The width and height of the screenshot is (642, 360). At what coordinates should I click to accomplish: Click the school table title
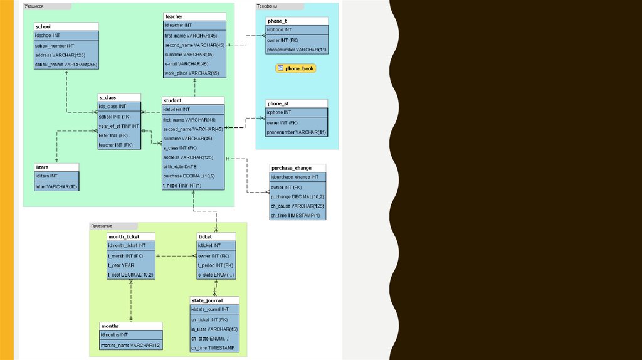(44, 27)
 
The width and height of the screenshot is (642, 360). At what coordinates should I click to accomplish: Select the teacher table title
(174, 16)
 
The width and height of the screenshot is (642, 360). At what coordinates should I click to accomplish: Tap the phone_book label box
(295, 68)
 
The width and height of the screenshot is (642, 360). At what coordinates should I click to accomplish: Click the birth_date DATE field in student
(180, 167)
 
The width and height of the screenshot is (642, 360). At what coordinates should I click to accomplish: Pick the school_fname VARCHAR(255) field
(66, 65)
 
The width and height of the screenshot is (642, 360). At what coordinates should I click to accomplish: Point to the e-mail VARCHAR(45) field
(186, 64)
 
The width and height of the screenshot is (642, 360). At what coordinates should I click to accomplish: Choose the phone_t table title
(277, 21)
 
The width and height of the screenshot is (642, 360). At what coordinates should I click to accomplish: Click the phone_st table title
(278, 103)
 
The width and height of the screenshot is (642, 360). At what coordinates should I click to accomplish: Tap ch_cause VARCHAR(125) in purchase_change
(297, 206)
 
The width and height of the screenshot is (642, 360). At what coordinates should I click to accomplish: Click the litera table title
(43, 167)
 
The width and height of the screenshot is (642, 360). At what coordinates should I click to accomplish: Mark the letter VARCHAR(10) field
(56, 186)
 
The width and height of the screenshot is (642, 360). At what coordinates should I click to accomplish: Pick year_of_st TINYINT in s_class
(118, 125)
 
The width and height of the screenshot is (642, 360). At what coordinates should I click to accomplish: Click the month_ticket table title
(124, 236)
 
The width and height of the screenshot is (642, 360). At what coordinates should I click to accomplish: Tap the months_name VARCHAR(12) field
(131, 345)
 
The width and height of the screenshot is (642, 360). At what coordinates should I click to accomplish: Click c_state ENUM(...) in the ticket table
(216, 275)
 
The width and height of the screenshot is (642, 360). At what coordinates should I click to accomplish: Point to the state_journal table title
(208, 300)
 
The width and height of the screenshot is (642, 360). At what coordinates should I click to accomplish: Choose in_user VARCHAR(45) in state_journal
(214, 329)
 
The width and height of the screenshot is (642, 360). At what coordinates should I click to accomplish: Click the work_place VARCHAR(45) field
(192, 73)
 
